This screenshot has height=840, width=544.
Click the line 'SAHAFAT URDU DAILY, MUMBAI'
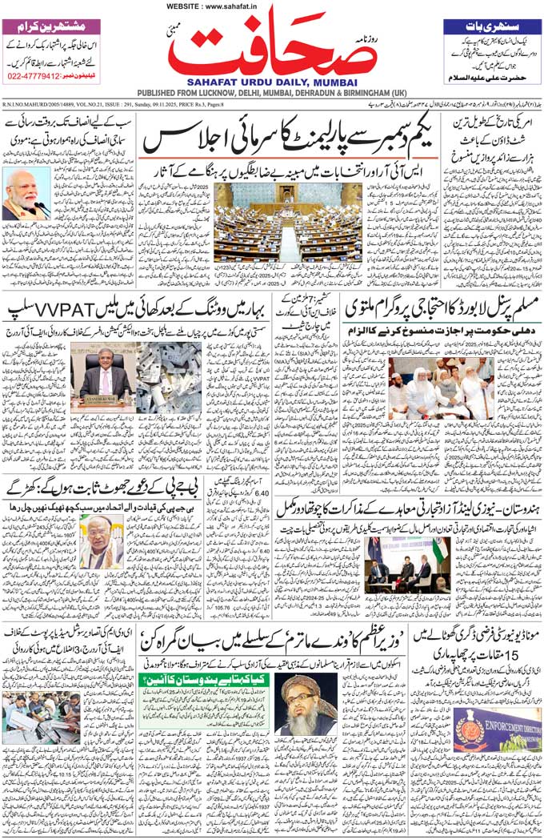pyautogui.click(x=271, y=82)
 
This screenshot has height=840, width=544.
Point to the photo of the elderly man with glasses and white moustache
pyautogui.click(x=102, y=541)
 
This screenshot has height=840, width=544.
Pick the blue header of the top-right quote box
pyautogui.click(x=493, y=26)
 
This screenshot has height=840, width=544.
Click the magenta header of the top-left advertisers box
pyautogui.click(x=51, y=26)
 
